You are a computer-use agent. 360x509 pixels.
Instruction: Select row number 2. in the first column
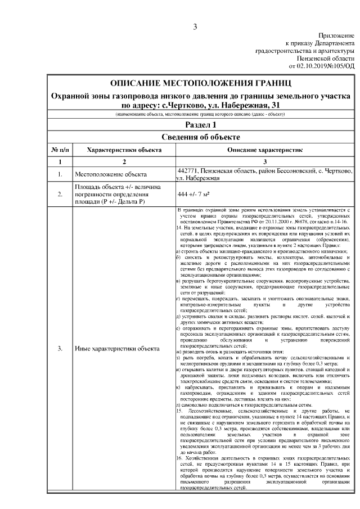(60, 195)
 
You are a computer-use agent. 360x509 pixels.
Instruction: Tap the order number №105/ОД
(341, 66)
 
